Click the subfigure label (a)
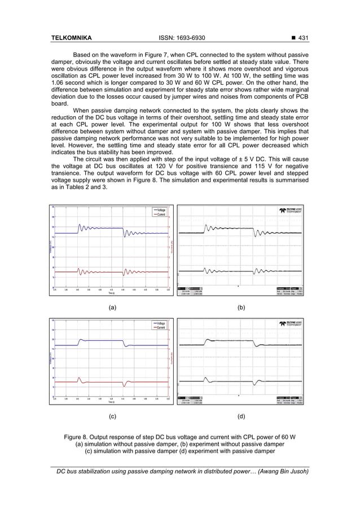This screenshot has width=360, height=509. coord(112,308)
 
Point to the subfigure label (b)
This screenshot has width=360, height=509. coord(241,308)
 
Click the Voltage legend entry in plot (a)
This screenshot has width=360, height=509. coord(160,210)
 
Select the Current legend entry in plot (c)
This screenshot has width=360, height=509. coord(160,327)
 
